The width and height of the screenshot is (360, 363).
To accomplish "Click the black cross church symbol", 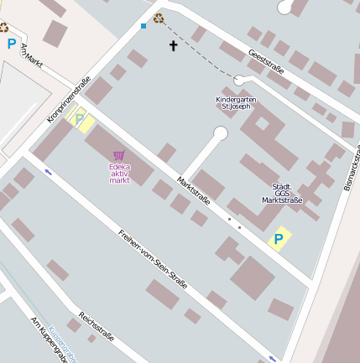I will click(x=174, y=45).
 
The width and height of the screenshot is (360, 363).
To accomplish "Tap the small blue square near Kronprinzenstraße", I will click(x=143, y=26).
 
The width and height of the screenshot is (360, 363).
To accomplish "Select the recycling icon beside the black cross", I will click(x=159, y=18).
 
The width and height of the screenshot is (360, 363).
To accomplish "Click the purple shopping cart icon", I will click(x=119, y=155).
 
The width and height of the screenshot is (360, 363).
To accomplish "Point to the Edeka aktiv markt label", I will click(x=120, y=173).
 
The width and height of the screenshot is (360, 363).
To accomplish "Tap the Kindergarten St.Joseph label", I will click(x=236, y=103).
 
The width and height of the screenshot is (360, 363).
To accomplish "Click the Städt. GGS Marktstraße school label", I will click(x=281, y=193).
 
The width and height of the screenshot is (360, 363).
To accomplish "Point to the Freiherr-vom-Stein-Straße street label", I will click(x=153, y=261).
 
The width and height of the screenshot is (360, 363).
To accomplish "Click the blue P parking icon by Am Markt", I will click(x=11, y=44).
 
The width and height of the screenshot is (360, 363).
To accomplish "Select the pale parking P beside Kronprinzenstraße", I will click(x=80, y=120).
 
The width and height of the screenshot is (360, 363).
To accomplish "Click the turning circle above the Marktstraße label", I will click(x=221, y=132).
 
